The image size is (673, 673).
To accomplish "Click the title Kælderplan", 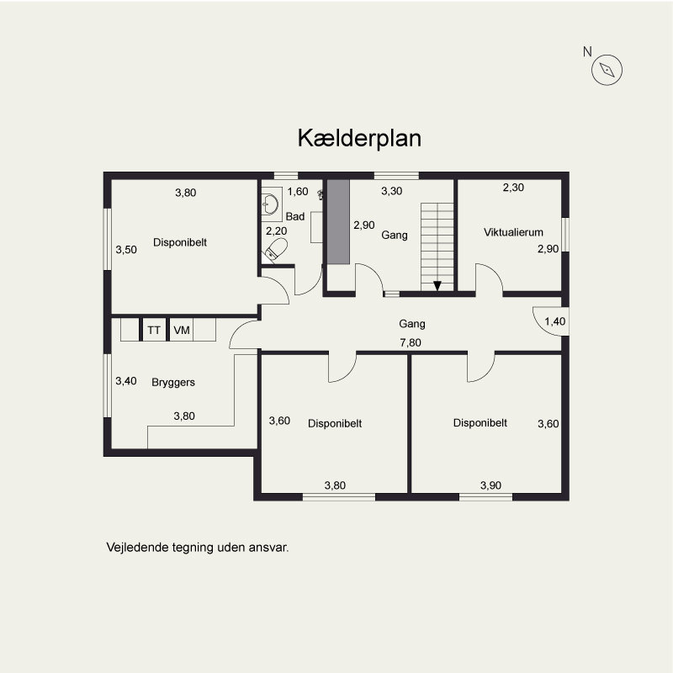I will pyautogui.click(x=359, y=139).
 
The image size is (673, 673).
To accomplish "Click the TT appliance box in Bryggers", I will pyautogui.click(x=154, y=331).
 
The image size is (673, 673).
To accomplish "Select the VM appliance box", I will pyautogui.click(x=181, y=331).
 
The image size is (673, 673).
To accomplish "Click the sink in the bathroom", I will pyautogui.click(x=270, y=204).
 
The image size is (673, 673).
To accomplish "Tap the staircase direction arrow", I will pyautogui.click(x=437, y=286).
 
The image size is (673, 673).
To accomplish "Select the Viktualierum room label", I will pyautogui.click(x=513, y=232).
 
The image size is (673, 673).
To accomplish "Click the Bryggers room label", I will pyautogui.click(x=173, y=382).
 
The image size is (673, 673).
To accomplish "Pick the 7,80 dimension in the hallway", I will pyautogui.click(x=411, y=342).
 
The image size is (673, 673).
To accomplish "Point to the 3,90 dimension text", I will pyautogui.click(x=491, y=485).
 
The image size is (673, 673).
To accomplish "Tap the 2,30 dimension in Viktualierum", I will pyautogui.click(x=513, y=188).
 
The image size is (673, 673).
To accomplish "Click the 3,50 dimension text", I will pyautogui.click(x=125, y=250).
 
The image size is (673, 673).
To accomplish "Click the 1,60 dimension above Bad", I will pyautogui.click(x=298, y=192).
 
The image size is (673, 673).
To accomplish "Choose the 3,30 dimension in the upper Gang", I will pyautogui.click(x=392, y=192).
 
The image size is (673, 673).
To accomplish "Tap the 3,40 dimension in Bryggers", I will pyautogui.click(x=125, y=381).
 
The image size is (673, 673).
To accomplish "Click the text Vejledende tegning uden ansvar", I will pyautogui.click(x=198, y=547).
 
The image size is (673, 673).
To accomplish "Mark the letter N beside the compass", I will pyautogui.click(x=587, y=52).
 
